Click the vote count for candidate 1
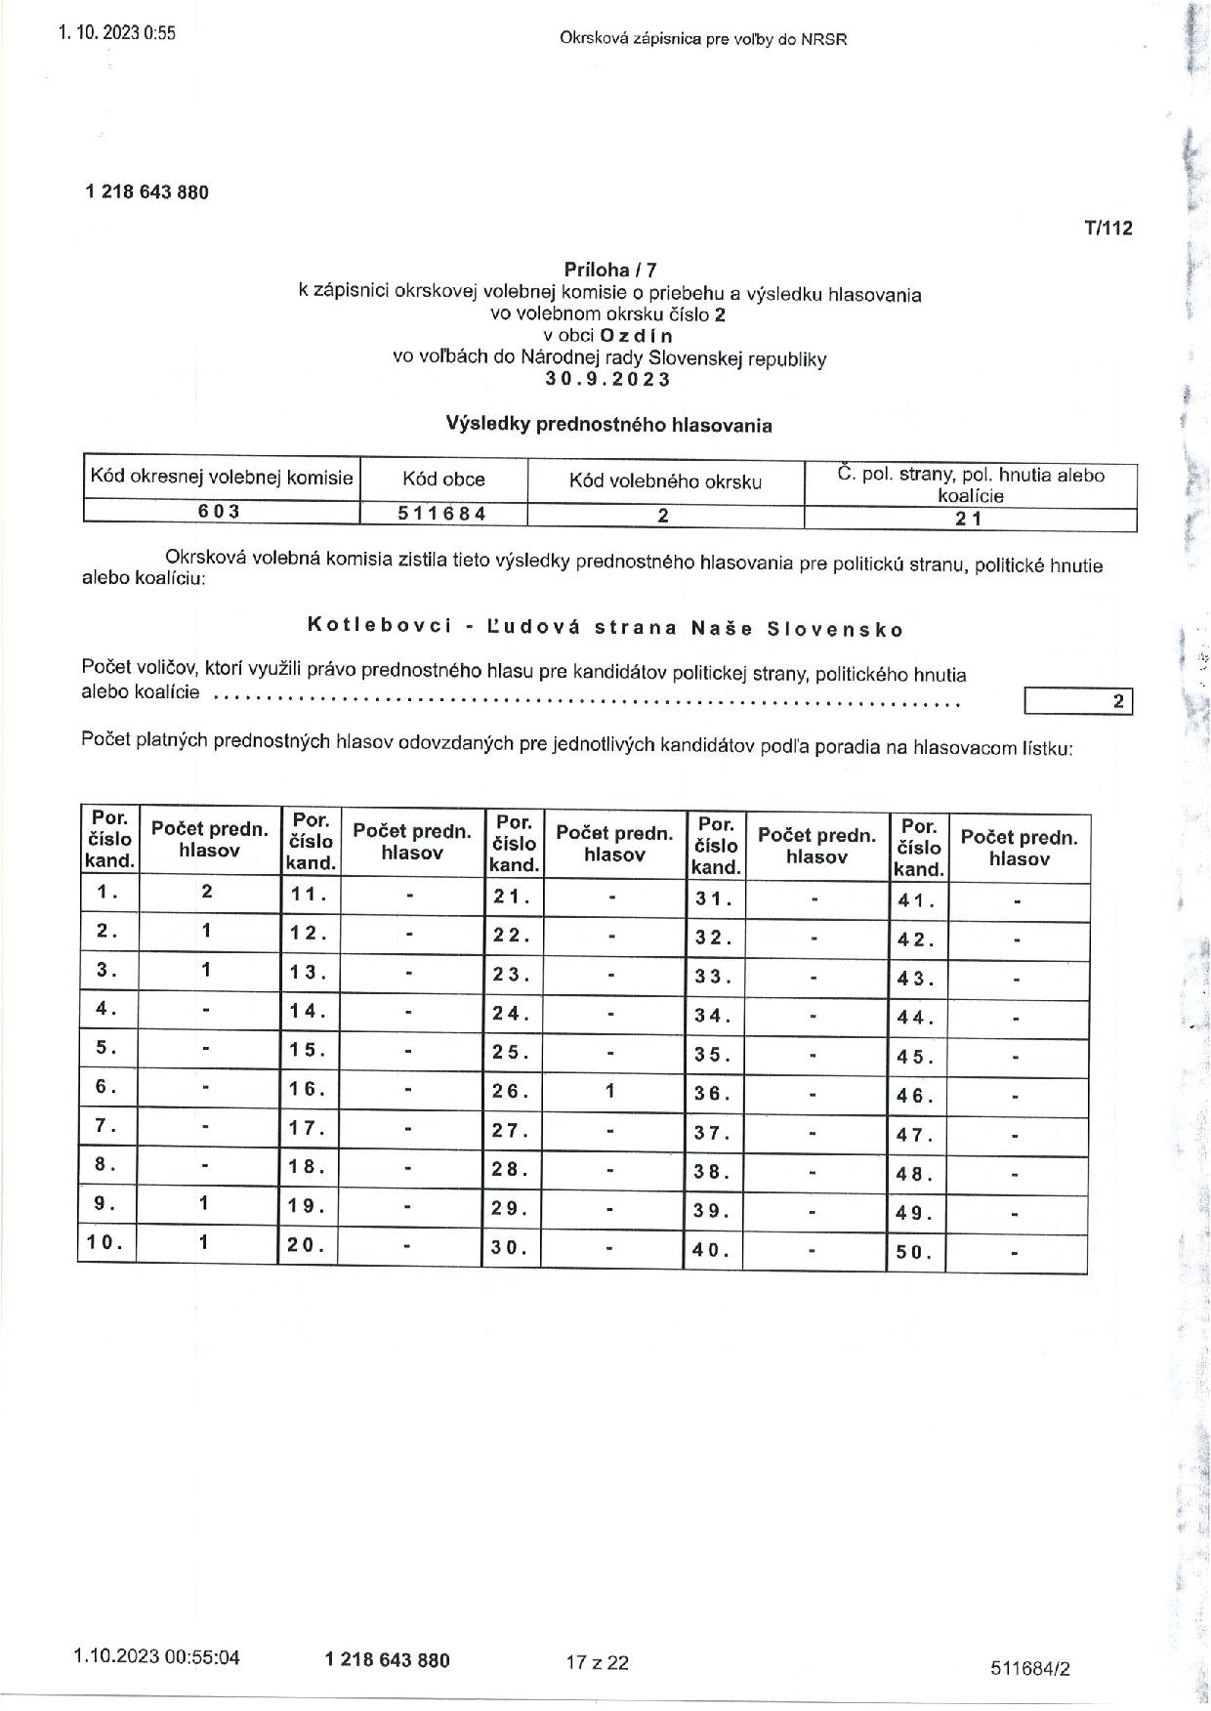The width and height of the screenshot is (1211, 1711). pyautogui.click(x=207, y=891)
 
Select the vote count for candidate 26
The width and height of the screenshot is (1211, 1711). pyautogui.click(x=609, y=1090)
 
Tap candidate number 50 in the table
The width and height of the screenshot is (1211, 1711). pyautogui.click(x=915, y=1251)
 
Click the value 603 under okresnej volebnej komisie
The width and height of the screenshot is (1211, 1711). pyautogui.click(x=221, y=512)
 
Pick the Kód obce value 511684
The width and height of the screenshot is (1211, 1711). pyautogui.click(x=442, y=514)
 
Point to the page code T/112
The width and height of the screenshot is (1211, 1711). pyautogui.click(x=1108, y=229)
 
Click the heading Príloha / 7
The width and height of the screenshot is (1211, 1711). pyautogui.click(x=610, y=270)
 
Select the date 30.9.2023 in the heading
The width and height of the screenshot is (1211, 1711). pyautogui.click(x=609, y=380)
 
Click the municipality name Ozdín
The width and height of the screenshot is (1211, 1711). pyautogui.click(x=636, y=336)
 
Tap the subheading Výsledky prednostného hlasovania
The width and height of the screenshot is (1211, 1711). pyautogui.click(x=609, y=425)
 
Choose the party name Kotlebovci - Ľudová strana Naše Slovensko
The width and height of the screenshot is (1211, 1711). pyautogui.click(x=605, y=628)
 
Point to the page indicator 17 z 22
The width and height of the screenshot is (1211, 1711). pyautogui.click(x=597, y=1662)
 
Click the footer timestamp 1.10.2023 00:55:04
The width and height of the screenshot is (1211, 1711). pyautogui.click(x=156, y=1657)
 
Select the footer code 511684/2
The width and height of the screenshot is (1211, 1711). pyautogui.click(x=1029, y=1669)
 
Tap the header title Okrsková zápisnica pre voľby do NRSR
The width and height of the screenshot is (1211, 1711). pyautogui.click(x=703, y=39)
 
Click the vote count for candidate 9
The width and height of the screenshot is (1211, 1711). pyautogui.click(x=203, y=1203)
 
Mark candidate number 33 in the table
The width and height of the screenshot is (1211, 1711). pyautogui.click(x=713, y=976)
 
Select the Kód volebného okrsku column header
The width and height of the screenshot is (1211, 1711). pyautogui.click(x=665, y=480)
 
